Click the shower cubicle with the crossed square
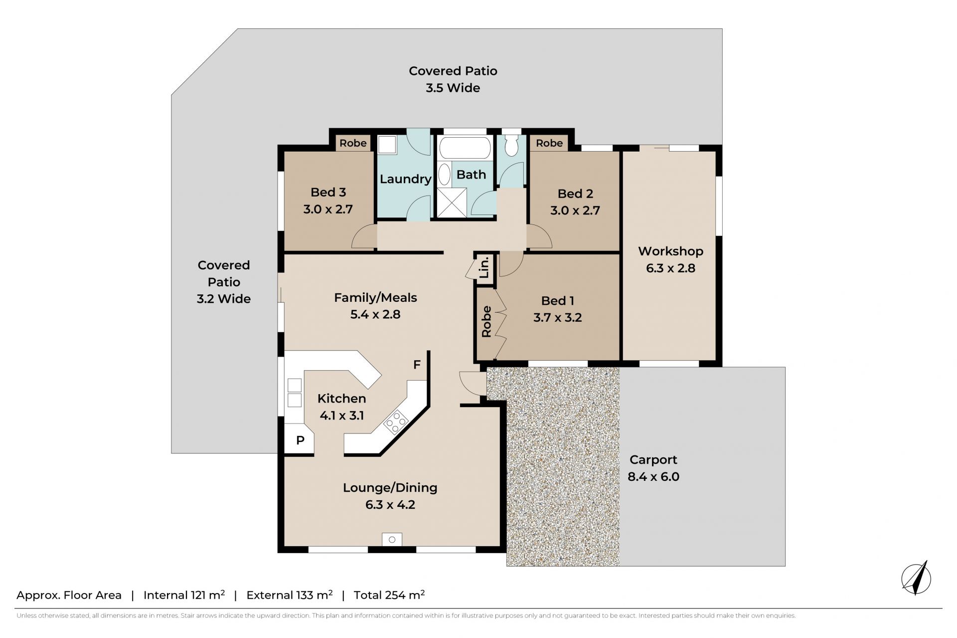(452, 203)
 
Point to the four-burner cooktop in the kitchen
(396, 422)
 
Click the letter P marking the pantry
(300, 440)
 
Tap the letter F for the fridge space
(417, 365)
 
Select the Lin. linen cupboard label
(484, 268)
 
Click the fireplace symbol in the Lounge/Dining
(392, 540)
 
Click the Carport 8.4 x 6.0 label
(653, 468)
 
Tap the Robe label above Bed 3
(353, 143)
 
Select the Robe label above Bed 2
(549, 143)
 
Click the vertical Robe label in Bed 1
(486, 322)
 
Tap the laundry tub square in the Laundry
(387, 145)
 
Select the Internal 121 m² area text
(184, 595)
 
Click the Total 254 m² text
(389, 595)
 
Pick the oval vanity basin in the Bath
(444, 175)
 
